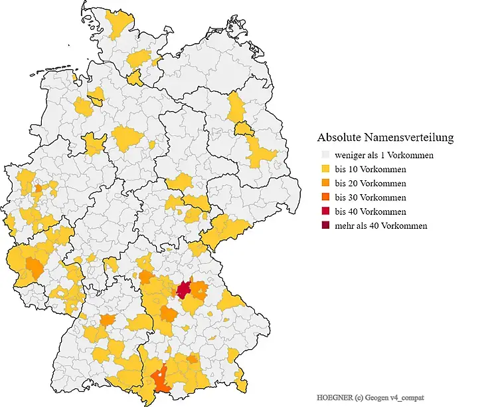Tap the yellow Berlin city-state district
pyautogui.click(x=243, y=128)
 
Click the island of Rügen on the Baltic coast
pyautogui.click(x=234, y=27)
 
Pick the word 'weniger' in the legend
pyautogui.click(x=350, y=156)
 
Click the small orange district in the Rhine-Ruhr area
pyautogui.click(x=38, y=188)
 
